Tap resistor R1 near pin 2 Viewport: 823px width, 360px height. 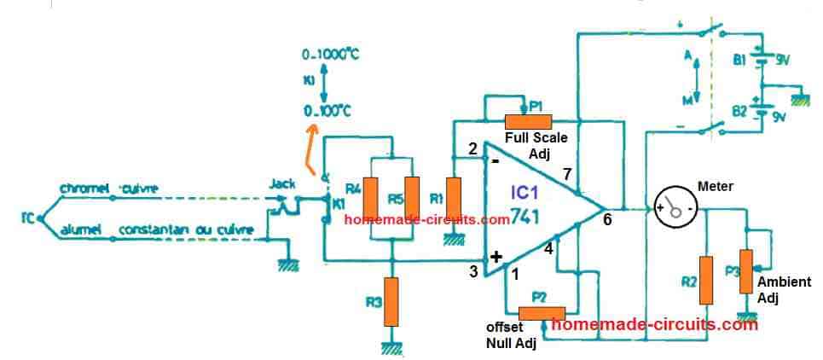pyautogui.click(x=454, y=198)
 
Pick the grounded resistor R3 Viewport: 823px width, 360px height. pyautogui.click(x=391, y=300)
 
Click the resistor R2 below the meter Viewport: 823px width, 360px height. pyautogui.click(x=706, y=279)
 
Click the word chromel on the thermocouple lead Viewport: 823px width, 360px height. pyautogui.click(x=80, y=189)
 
